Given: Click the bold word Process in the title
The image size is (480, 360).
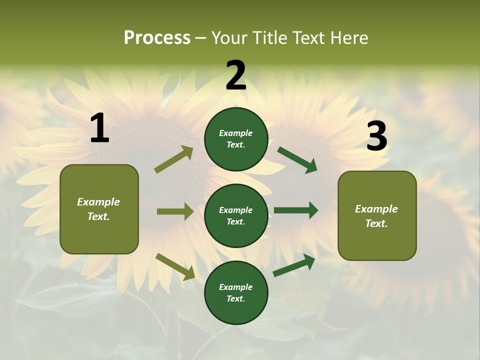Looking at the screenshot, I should point(157,38).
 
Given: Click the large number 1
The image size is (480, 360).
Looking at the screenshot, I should point(99,128).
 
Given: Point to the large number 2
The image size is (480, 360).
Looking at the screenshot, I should point(236,75).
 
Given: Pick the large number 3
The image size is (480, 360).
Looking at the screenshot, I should point(376,136).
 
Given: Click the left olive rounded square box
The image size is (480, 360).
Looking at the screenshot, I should point(99,209).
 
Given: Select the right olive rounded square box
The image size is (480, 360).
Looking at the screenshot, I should point(377,216).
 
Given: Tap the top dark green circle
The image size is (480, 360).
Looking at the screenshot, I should point(236,139).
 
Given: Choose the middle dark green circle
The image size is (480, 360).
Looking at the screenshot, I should point(236,215).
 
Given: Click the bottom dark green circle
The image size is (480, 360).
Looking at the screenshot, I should point(236,292).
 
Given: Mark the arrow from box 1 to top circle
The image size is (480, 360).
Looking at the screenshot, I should point(174,159).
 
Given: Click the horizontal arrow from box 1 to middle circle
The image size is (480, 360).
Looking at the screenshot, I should point(175,211).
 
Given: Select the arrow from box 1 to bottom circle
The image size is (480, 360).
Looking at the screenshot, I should point(175,266).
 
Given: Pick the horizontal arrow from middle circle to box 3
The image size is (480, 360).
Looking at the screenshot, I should point(296,210).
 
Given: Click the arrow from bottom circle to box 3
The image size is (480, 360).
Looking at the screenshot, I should point(294,265).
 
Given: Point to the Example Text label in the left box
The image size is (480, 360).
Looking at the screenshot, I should point(98,209).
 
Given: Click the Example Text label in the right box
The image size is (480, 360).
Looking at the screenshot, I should point(376,216).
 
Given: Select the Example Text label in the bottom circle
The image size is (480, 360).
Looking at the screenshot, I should point(235,292).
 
